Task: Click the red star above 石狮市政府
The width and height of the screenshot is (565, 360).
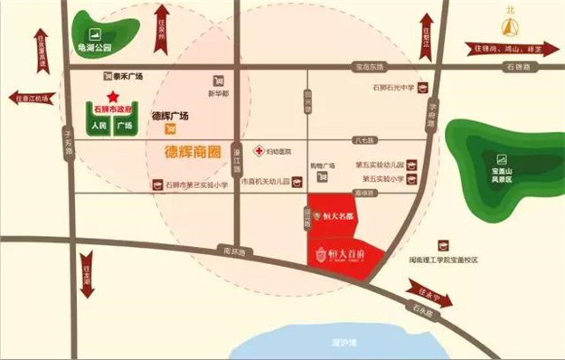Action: coord(113,95)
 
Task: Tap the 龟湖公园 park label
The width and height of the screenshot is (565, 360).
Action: coord(93,47)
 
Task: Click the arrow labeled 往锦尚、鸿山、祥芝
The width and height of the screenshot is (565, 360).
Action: coord(510,47)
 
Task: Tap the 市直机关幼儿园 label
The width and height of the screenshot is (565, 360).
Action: coord(267,182)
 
